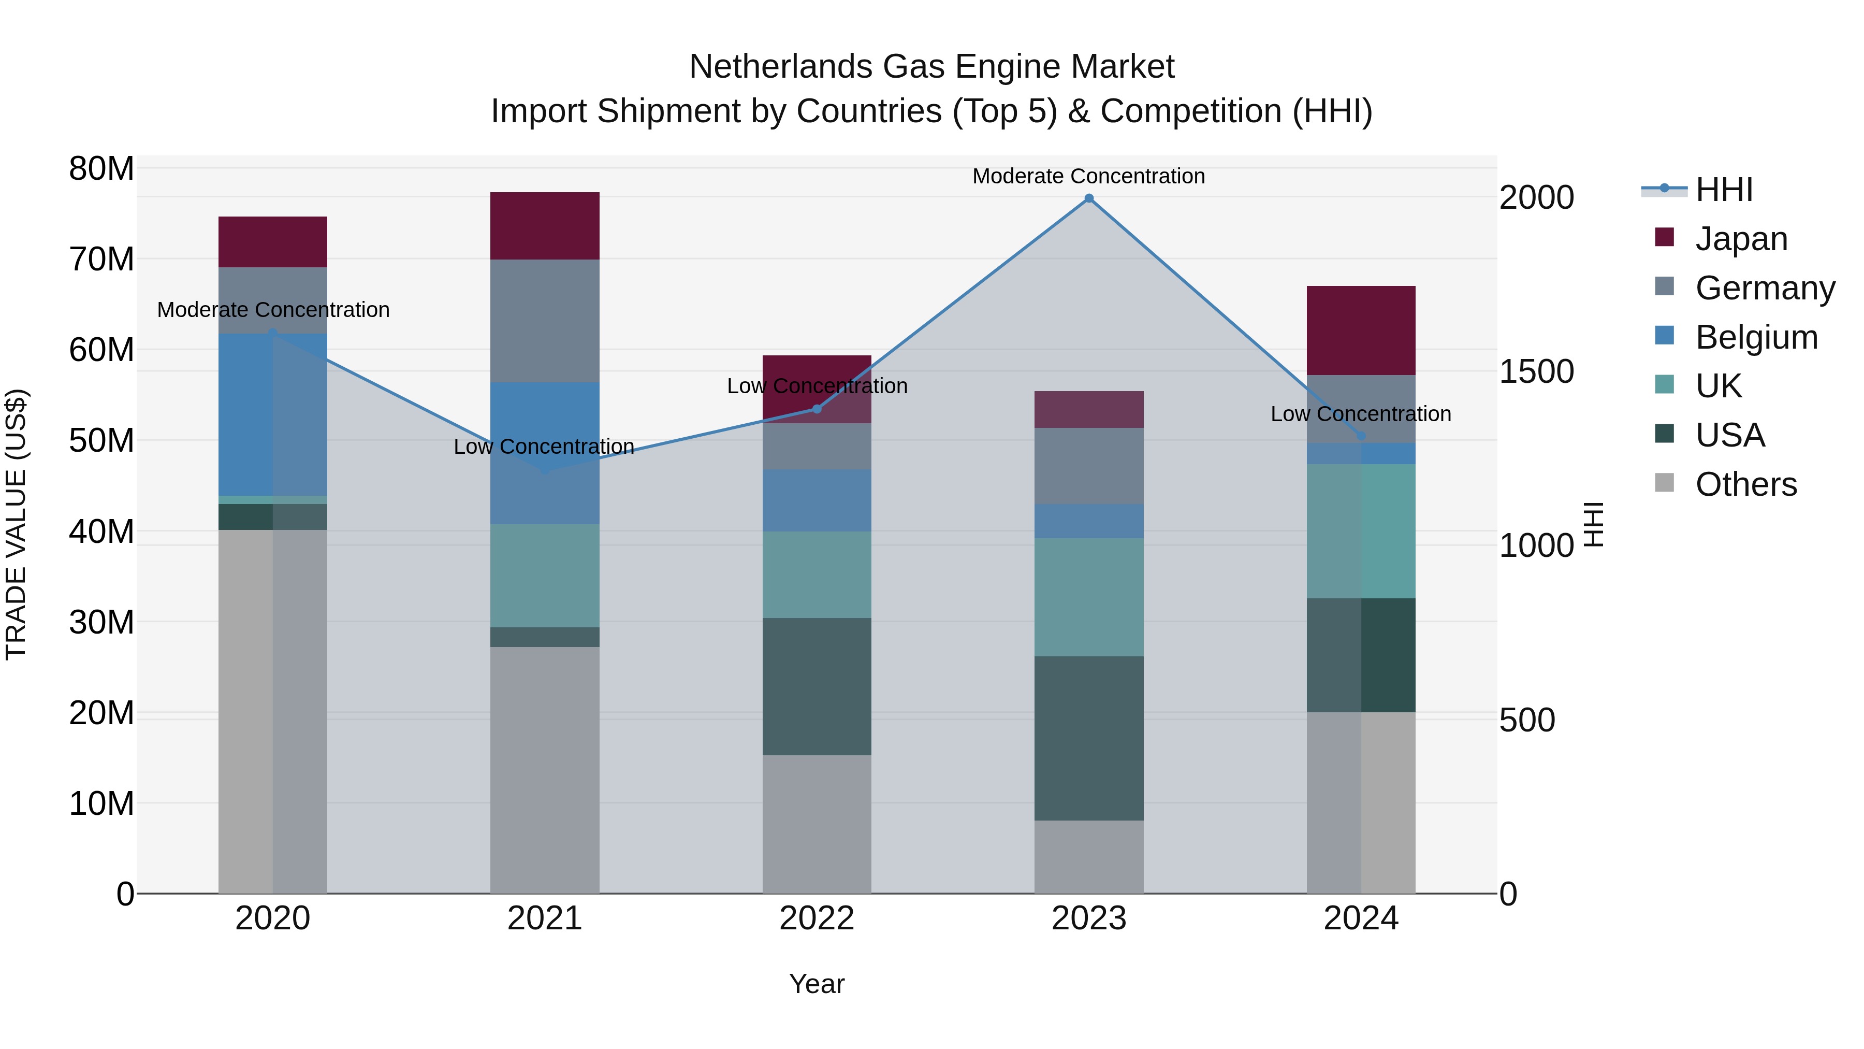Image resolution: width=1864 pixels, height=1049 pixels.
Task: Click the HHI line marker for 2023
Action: coord(1088,198)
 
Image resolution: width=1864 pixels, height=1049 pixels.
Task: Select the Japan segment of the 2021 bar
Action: coord(545,226)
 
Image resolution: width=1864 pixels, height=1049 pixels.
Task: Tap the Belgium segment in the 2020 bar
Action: coord(273,414)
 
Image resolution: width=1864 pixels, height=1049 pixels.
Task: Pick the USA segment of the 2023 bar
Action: coord(1088,738)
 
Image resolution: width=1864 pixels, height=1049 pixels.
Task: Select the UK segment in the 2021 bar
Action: coord(545,576)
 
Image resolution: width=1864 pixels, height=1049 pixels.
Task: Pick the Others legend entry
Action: coord(1745,484)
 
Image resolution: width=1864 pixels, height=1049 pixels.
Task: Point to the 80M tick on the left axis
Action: coord(101,169)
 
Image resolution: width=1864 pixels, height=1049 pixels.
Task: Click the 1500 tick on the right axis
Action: coord(1536,371)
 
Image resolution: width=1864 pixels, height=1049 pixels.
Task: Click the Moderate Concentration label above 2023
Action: coord(1088,176)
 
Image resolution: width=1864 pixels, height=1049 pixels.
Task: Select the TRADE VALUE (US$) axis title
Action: coord(16,524)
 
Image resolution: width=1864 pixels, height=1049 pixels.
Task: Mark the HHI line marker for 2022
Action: coord(817,409)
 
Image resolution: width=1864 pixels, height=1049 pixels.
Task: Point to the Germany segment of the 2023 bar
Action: coord(1088,466)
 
